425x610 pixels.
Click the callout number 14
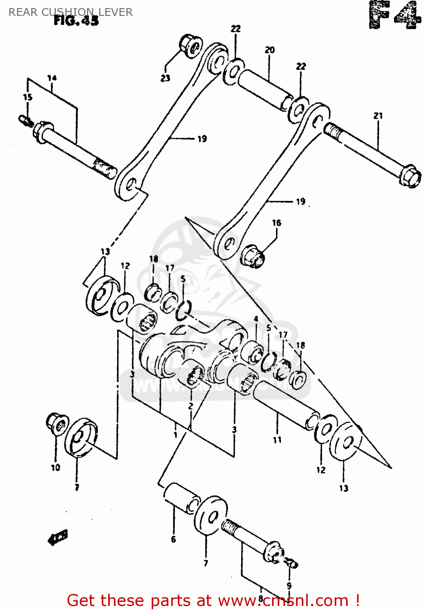point(52,78)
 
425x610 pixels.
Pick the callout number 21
point(378,116)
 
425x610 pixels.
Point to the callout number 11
point(277,440)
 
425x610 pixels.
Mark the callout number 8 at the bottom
point(261,598)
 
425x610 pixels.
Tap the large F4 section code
point(394,15)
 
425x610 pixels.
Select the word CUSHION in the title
point(68,12)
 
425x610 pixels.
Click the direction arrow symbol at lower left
point(58,538)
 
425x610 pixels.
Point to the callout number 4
point(256,319)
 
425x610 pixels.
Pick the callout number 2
point(190,406)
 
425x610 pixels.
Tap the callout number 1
point(175,435)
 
